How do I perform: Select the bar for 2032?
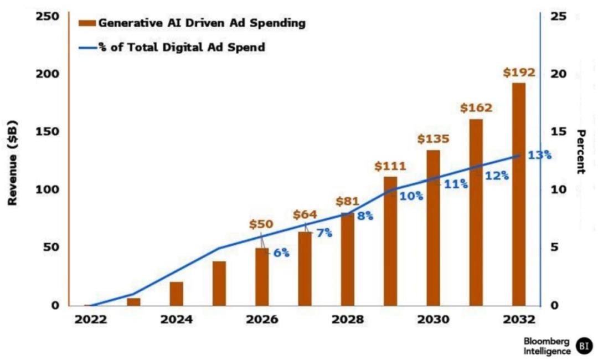pyautogui.click(x=519, y=194)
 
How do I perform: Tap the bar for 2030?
pyautogui.click(x=433, y=227)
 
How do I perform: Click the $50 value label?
pyautogui.click(x=261, y=224)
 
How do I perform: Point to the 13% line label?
pyautogui.click(x=539, y=155)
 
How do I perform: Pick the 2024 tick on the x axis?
pyautogui.click(x=176, y=320)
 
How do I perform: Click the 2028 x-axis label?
pyautogui.click(x=348, y=320)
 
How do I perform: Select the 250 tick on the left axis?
pyautogui.click(x=48, y=16)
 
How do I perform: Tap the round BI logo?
pyautogui.click(x=584, y=346)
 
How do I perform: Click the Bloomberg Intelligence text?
pyautogui.click(x=547, y=346)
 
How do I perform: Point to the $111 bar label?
pyautogui.click(x=390, y=166)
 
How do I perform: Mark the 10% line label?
pyautogui.click(x=411, y=196)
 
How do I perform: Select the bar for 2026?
pyautogui.click(x=261, y=276)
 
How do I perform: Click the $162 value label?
pyautogui.click(x=476, y=107)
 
